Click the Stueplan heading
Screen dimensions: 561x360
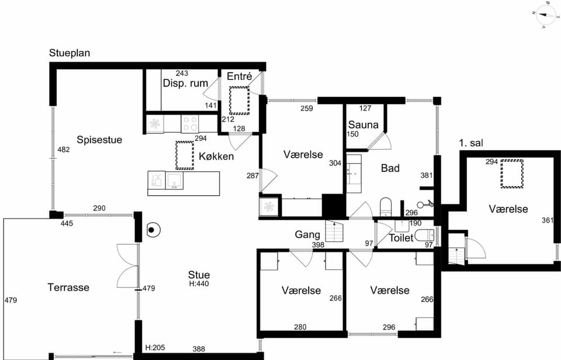pos(70,53)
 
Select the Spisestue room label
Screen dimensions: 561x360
pos(99,140)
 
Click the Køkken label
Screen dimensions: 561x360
pos(216,156)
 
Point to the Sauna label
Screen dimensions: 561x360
pos(363,124)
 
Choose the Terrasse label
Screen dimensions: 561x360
pos(68,287)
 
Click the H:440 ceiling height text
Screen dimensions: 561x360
pos(199,284)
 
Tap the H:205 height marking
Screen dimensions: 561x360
pos(155,348)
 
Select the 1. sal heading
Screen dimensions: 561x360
pos(471,143)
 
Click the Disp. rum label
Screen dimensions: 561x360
pos(185,83)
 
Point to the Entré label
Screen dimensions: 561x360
pos(240,76)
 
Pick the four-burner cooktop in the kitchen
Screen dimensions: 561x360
pos(190,123)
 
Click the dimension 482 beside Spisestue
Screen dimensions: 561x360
pos(64,150)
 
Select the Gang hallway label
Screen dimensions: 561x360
pos(307,234)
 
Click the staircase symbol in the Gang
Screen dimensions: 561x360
pos(334,231)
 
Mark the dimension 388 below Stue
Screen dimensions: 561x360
pos(199,349)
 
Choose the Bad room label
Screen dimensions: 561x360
pos(390,168)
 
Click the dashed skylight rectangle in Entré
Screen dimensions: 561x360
pos(240,101)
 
